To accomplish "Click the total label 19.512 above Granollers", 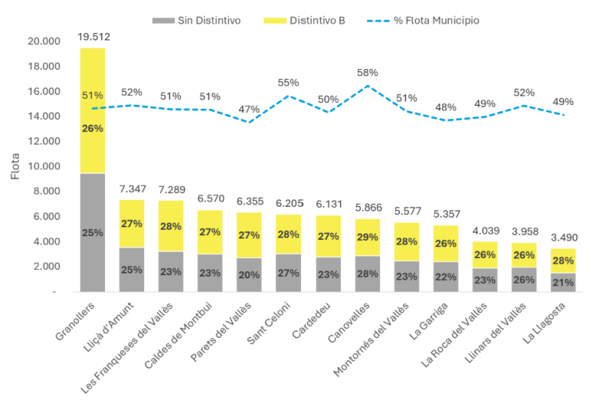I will (92, 36).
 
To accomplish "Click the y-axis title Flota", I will (15, 166).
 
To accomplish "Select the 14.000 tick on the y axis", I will (42, 116).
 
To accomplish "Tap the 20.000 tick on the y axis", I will (42, 41).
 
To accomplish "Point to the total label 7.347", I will (132, 190).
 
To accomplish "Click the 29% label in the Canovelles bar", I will (367, 236).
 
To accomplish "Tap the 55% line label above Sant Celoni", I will (288, 82).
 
